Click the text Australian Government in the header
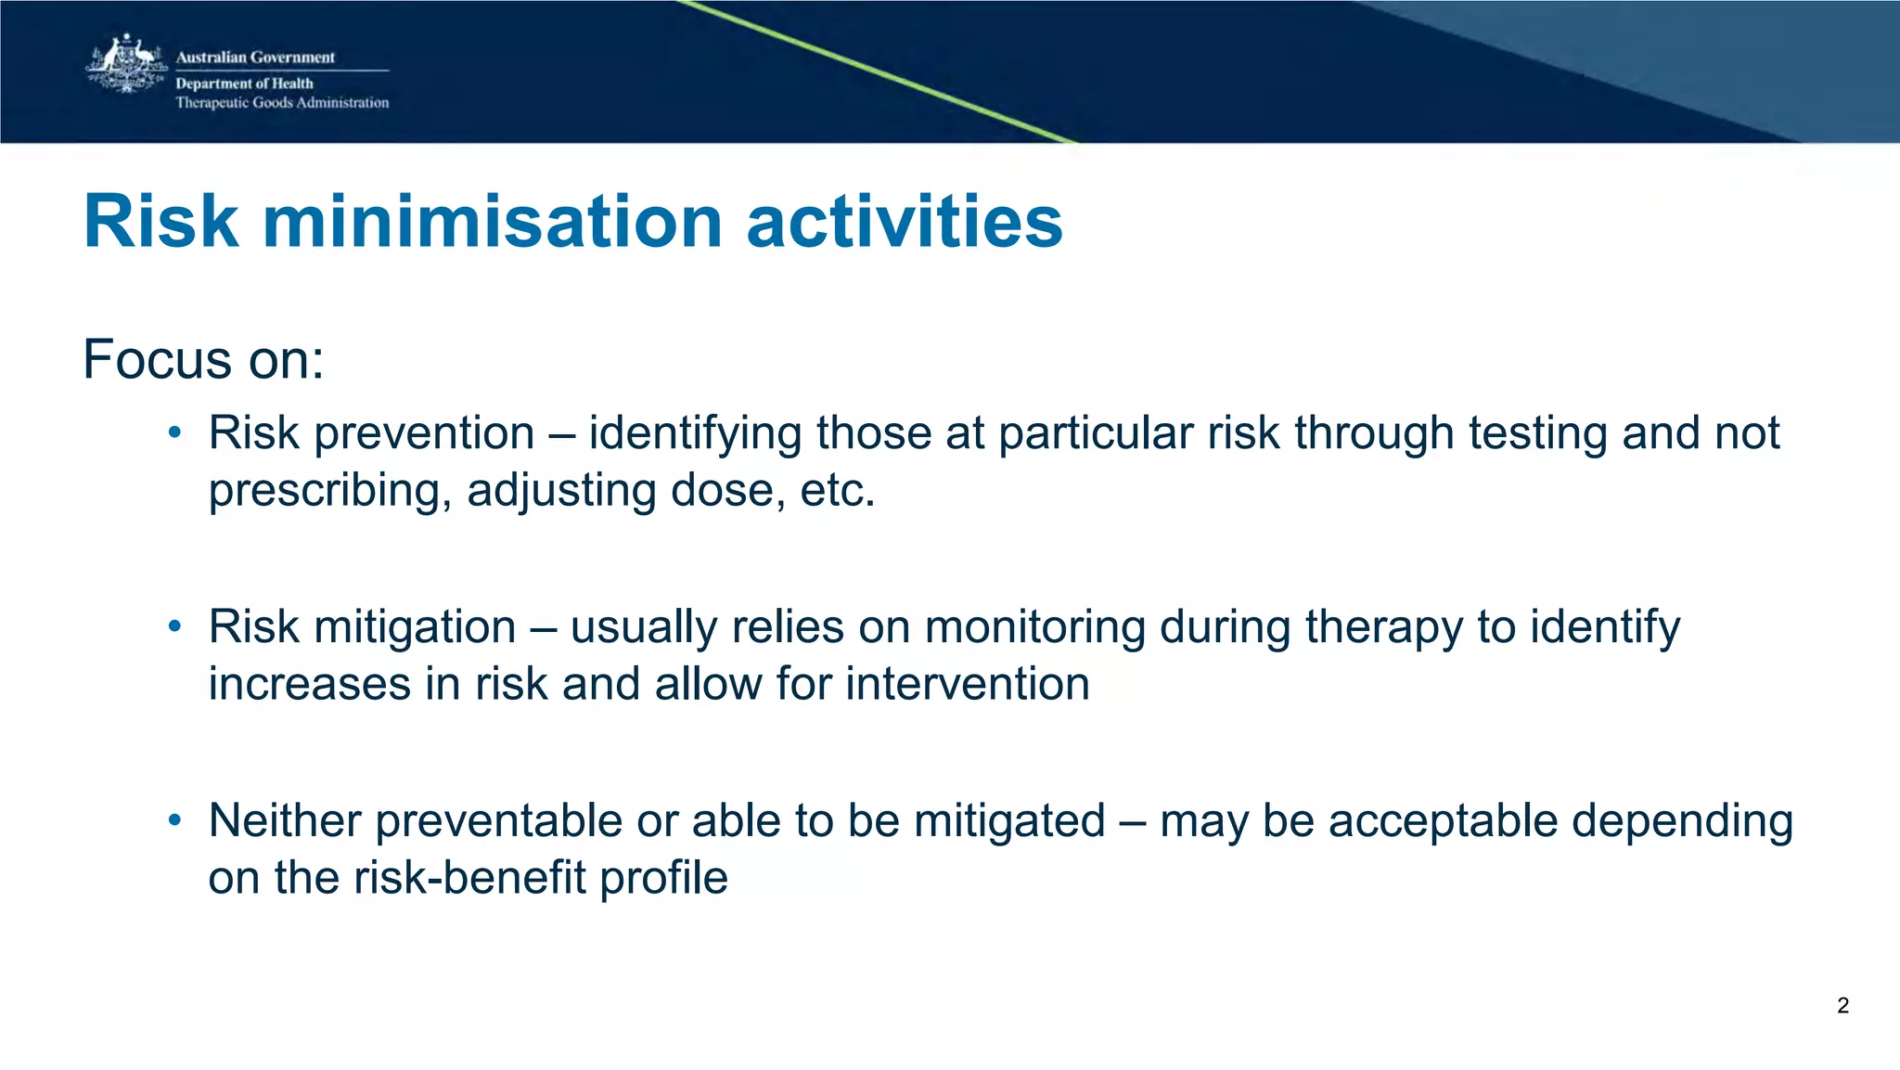point(255,58)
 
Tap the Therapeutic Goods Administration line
point(282,103)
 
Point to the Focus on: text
point(203,359)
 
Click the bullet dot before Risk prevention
point(174,432)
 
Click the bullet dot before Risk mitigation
point(174,626)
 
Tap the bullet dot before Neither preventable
point(174,820)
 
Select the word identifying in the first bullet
point(695,434)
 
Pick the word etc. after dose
point(838,491)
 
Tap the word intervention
point(967,685)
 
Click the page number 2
point(1842,1006)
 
